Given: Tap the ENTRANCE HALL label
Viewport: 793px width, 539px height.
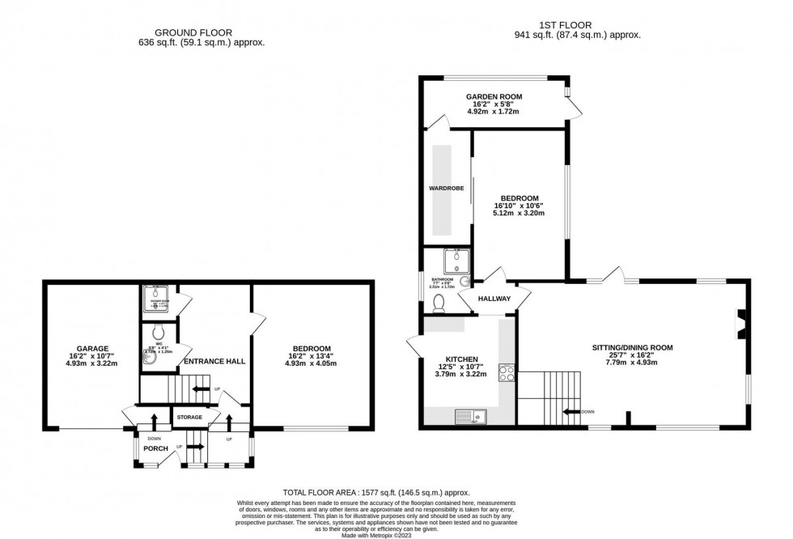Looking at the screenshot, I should click(x=214, y=361).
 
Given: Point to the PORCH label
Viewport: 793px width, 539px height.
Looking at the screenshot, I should click(x=155, y=448).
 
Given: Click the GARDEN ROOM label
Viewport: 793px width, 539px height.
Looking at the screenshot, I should click(x=494, y=96).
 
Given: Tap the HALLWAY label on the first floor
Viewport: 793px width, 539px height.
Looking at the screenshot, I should click(x=494, y=299).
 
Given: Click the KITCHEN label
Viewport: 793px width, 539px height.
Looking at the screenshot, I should click(x=462, y=359).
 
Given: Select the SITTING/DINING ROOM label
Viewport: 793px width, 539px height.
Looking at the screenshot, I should click(x=632, y=347).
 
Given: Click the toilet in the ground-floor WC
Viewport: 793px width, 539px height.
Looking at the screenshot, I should click(x=159, y=332).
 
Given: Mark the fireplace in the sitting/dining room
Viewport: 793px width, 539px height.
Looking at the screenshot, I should click(x=739, y=323).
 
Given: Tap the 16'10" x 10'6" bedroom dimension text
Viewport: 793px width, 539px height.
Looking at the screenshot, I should click(x=519, y=206).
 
